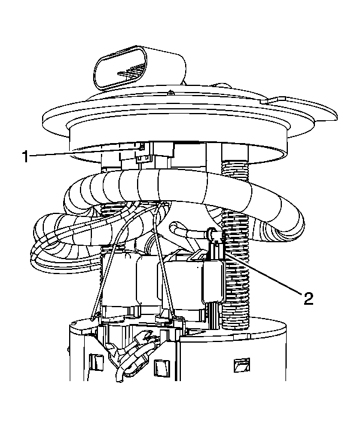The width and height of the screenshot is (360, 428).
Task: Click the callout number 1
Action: [26, 156]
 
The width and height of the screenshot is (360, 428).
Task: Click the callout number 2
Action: [308, 298]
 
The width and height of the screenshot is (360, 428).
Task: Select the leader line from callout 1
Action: [85, 151]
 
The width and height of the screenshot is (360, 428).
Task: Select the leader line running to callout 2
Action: [263, 274]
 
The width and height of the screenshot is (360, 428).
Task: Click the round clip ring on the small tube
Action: [212, 233]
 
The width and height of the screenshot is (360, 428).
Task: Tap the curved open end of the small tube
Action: [172, 226]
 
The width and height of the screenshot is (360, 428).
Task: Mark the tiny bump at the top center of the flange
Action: [170, 92]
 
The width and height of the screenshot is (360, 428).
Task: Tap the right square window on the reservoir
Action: [242, 365]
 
